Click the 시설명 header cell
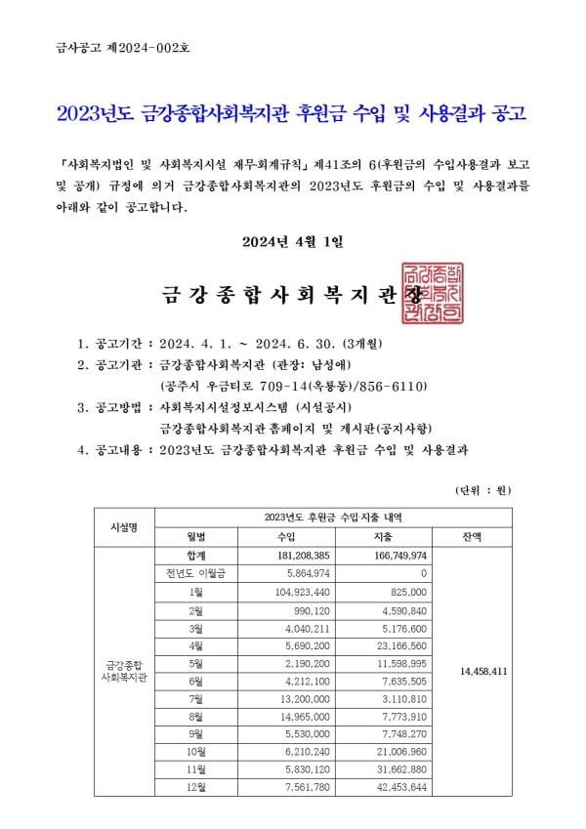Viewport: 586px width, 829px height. coord(124,526)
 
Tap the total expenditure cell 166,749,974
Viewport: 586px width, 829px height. coord(388,555)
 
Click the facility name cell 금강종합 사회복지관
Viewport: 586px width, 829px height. coord(124,672)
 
